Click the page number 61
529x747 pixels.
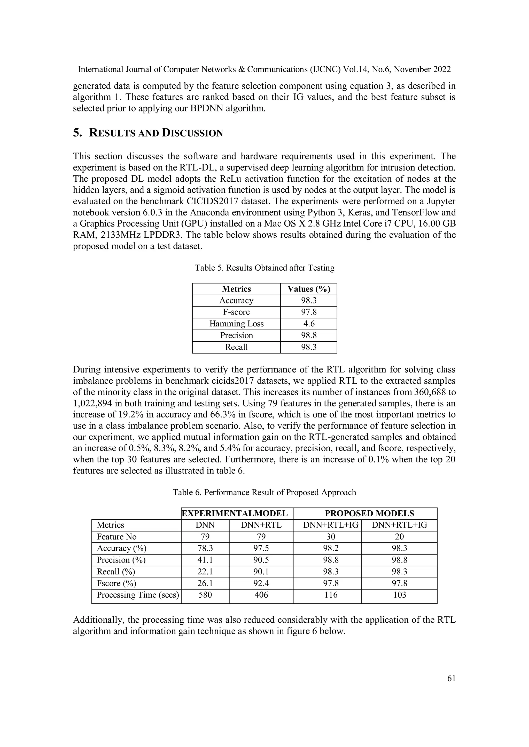[x=451, y=678]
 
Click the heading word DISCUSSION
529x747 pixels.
[x=192, y=133]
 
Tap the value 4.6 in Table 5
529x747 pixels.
[x=308, y=324]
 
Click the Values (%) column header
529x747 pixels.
[x=308, y=289]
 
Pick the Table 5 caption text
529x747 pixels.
[x=264, y=268]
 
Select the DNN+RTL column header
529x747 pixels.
[x=261, y=525]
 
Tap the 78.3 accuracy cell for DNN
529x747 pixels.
[x=205, y=548]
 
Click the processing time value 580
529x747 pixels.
[x=205, y=595]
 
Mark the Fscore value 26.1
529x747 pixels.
[x=205, y=583]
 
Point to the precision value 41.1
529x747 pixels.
[x=205, y=560]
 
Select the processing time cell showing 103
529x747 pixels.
[x=399, y=595]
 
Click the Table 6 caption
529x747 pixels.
[x=264, y=492]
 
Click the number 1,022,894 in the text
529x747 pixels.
[x=92, y=404]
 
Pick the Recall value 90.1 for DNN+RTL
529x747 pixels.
[x=261, y=572]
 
